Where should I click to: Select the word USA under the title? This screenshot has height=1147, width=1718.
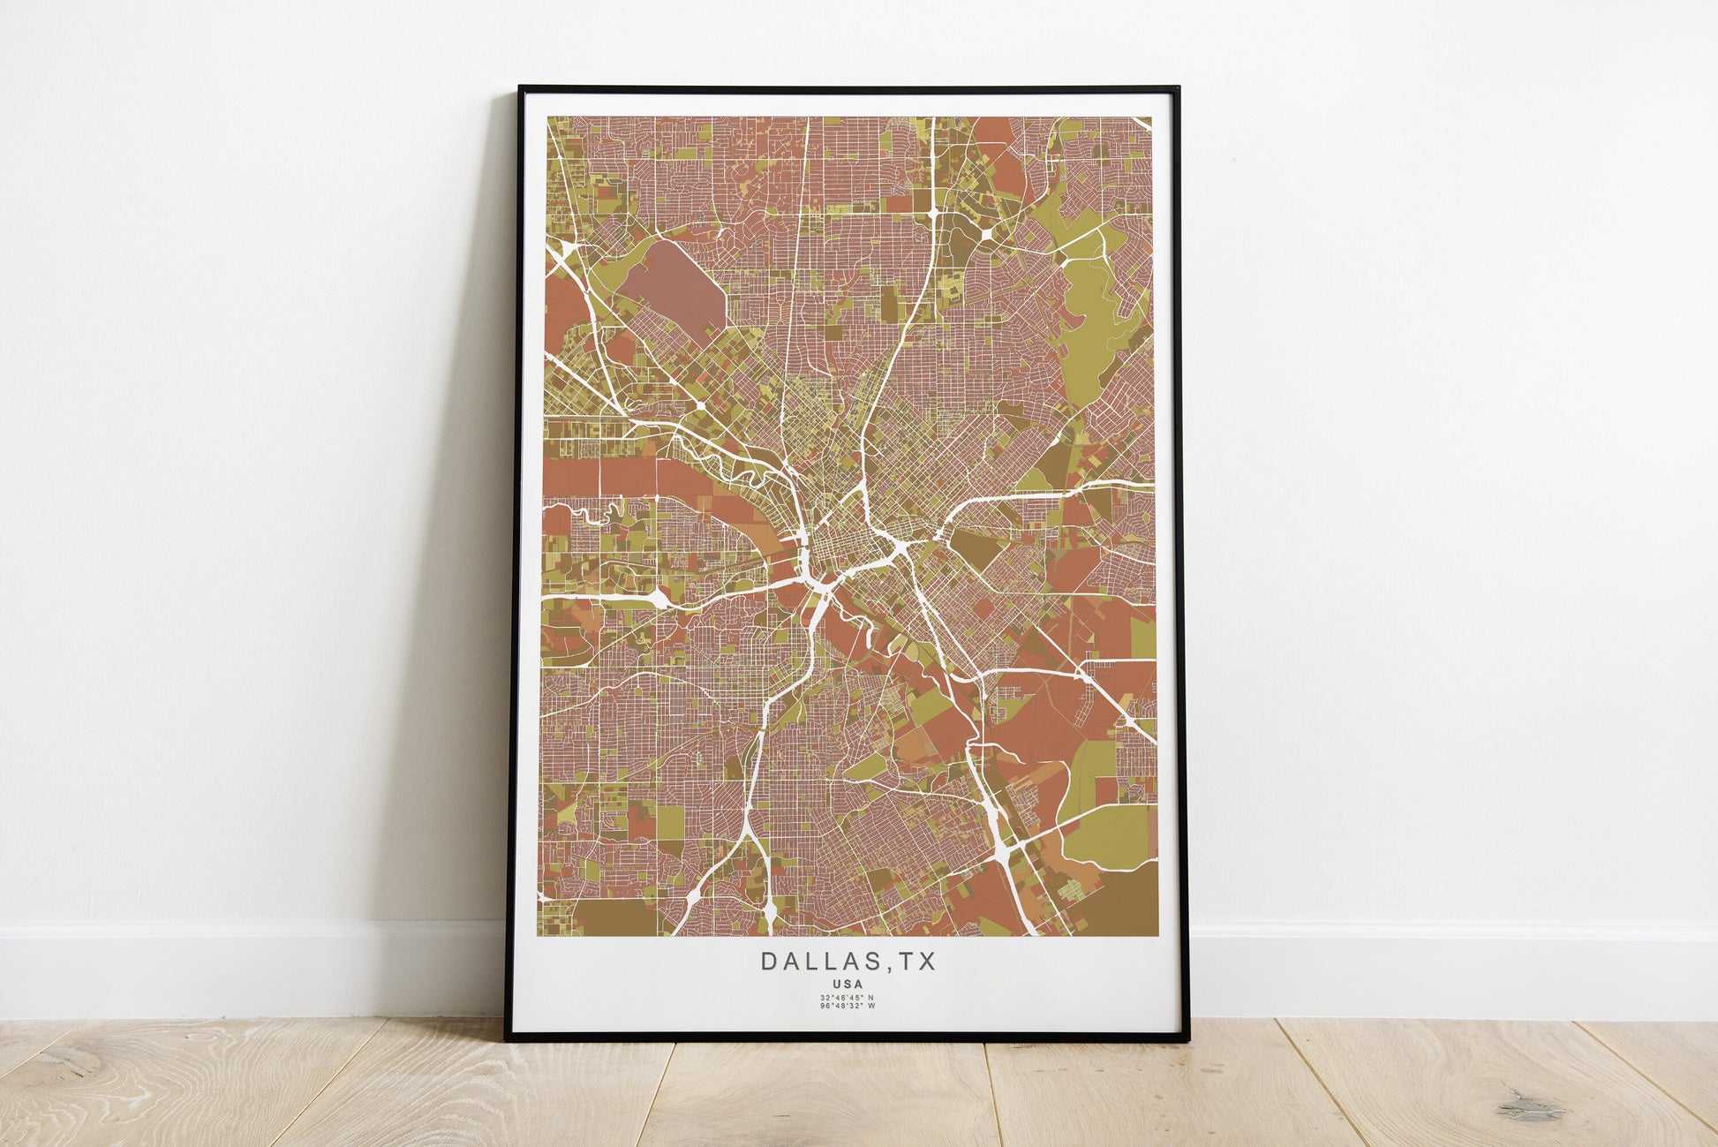848,983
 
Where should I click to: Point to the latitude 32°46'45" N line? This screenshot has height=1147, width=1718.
848,998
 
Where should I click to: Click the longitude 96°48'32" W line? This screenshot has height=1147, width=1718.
848,1006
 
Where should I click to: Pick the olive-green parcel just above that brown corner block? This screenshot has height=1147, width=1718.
1108,835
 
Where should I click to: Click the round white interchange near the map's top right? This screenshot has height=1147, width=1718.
985,233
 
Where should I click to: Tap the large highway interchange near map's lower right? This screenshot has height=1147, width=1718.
1005,852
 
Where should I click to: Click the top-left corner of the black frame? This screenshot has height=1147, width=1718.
521,88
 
